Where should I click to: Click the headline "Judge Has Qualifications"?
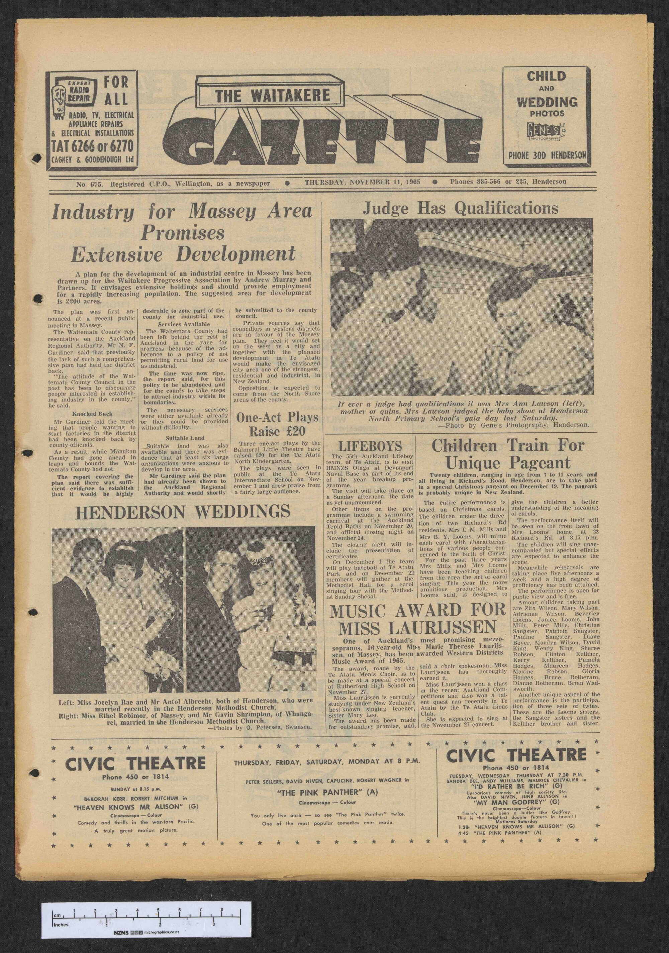[461, 208]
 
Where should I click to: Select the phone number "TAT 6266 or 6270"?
[93, 146]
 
